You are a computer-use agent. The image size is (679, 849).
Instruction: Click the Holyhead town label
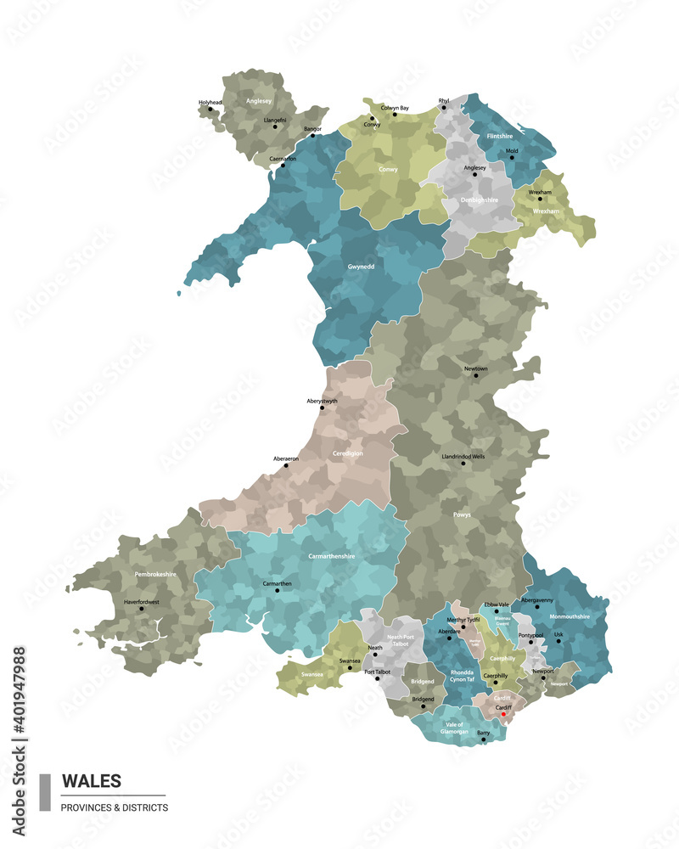coord(210,103)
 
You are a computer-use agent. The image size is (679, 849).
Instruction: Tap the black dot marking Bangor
coord(312,136)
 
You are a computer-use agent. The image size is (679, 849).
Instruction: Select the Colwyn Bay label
coord(395,108)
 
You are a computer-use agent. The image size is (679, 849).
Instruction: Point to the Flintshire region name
coord(500,136)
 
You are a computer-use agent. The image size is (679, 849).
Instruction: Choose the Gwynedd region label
coord(361,267)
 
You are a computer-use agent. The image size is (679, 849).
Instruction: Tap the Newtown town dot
coord(475,375)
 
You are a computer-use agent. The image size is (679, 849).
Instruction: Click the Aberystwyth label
coord(322,401)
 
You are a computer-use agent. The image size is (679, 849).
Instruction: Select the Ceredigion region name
coord(348,453)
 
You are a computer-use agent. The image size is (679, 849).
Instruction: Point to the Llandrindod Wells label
coord(463,456)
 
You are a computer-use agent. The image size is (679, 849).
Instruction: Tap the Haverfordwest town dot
coord(142,608)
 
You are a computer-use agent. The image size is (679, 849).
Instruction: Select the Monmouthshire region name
coord(570,616)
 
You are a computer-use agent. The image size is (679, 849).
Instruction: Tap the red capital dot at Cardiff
coord(503,714)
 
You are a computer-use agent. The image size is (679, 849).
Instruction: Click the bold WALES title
coord(92,780)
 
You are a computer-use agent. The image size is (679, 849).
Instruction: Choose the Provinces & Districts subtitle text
coord(115,807)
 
